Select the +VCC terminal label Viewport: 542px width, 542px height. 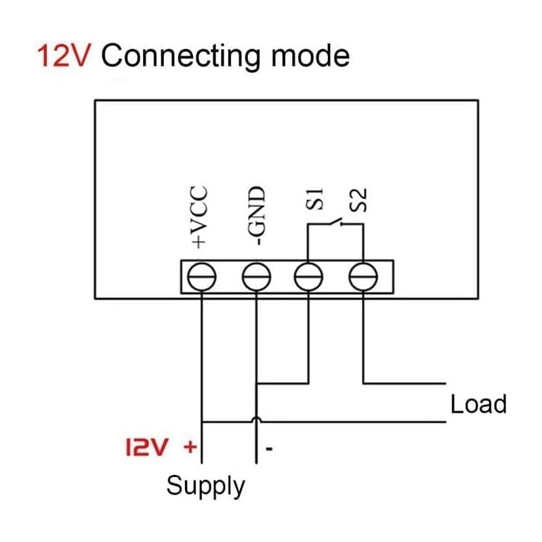coord(200,217)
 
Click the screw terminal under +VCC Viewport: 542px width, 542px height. coord(202,277)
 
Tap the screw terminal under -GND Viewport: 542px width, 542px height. coord(255,277)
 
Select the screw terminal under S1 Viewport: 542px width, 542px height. coord(309,277)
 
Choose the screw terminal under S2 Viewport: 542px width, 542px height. coord(362,277)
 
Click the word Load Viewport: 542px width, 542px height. coord(478,404)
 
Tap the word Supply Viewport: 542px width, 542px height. coord(205,486)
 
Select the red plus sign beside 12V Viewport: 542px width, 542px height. coord(190,446)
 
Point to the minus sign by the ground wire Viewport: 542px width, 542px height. coord(269,449)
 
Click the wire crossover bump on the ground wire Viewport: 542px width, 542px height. coord(255,421)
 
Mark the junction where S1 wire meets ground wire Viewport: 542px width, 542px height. coord(255,384)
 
